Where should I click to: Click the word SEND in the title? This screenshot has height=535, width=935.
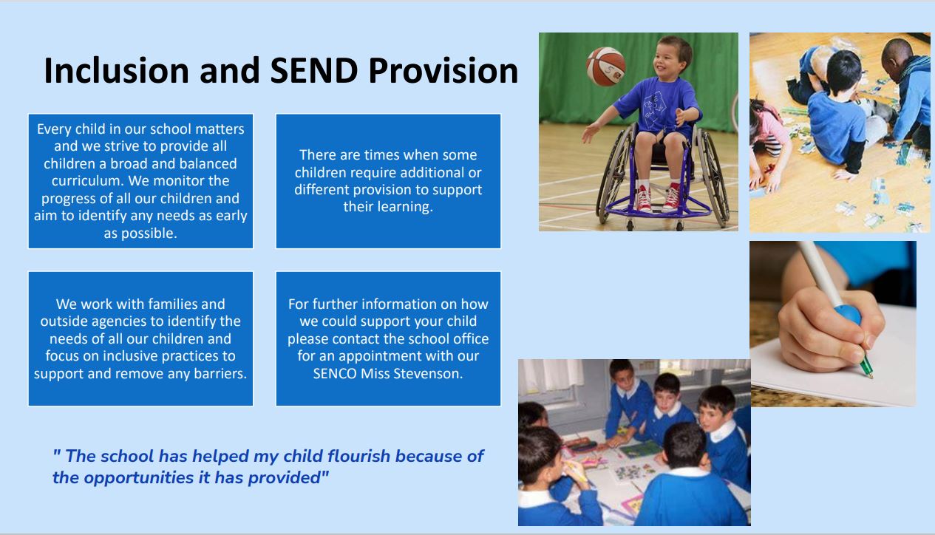tap(314, 70)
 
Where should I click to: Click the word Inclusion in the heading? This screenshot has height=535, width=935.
tap(115, 70)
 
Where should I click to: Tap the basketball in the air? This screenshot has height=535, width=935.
tap(605, 67)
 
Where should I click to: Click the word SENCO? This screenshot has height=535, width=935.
tap(335, 373)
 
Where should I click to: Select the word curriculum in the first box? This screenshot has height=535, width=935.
tap(87, 181)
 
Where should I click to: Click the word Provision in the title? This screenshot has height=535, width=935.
tap(443, 70)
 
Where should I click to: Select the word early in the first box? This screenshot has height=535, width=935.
tap(231, 216)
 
